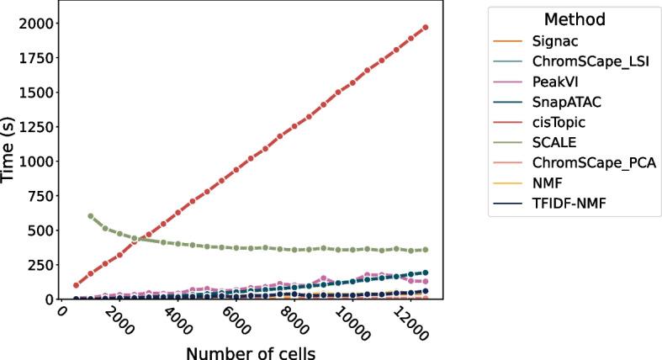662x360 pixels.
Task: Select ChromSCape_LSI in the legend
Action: coord(581,61)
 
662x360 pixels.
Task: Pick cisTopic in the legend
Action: coord(558,122)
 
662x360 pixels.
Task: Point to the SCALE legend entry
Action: coord(553,142)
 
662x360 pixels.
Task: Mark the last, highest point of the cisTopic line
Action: coord(425,27)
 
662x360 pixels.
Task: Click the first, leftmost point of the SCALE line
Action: coord(91,216)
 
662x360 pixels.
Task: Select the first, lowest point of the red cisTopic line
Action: coord(77,285)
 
